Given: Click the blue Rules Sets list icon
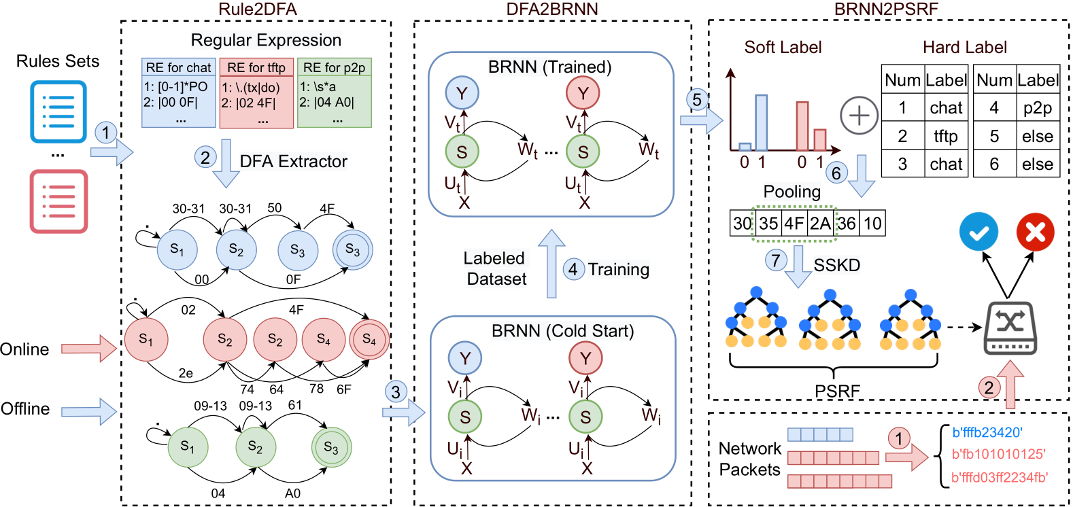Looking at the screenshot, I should click(x=58, y=111).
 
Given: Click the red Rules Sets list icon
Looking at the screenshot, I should click(x=58, y=201).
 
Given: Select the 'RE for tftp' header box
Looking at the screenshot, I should click(x=256, y=67).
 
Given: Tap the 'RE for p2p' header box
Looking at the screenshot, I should click(x=334, y=67).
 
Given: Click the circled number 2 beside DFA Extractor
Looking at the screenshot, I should click(x=205, y=157).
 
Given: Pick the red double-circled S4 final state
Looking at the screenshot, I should click(x=369, y=339).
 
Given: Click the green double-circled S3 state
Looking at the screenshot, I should click(x=331, y=447).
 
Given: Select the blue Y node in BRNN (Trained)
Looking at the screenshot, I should click(x=462, y=93).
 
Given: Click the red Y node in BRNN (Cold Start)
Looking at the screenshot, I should click(x=585, y=358).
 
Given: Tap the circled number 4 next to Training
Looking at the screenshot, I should click(x=573, y=269).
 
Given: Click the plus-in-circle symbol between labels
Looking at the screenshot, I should click(x=859, y=116).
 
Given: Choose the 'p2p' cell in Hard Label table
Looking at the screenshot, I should click(x=1037, y=108).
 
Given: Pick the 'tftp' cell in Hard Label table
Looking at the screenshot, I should click(x=946, y=136).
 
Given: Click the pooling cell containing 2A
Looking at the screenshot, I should click(x=820, y=224).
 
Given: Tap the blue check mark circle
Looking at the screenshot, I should click(x=978, y=232).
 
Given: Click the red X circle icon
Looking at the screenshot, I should click(x=1035, y=232).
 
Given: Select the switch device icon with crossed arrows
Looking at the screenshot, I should click(x=1010, y=328).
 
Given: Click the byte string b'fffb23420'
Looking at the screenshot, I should click(x=987, y=432).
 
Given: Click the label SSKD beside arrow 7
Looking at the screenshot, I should click(x=836, y=265).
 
